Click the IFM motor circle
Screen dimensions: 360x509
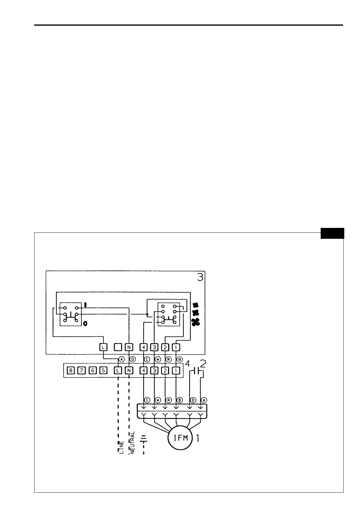click(181, 438)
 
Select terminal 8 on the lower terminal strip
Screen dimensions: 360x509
click(71, 370)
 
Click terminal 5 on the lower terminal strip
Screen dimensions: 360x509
click(103, 370)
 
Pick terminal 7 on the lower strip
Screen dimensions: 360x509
click(81, 370)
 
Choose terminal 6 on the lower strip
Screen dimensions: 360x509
click(93, 370)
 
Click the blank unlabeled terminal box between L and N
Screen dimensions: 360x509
click(118, 347)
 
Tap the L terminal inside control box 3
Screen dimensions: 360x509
click(103, 347)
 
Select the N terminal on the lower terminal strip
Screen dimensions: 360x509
click(129, 370)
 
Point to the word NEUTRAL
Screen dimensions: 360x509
click(132, 443)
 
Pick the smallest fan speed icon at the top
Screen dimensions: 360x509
click(195, 305)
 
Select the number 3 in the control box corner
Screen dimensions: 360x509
click(200, 277)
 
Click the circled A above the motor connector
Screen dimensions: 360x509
click(204, 400)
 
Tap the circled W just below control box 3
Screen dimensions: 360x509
click(158, 359)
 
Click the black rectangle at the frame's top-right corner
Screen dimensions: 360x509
click(332, 233)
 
